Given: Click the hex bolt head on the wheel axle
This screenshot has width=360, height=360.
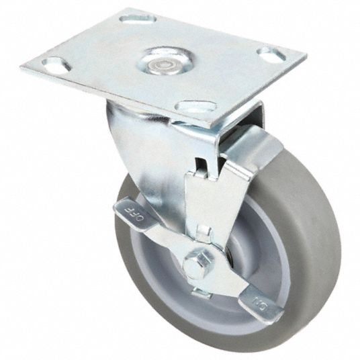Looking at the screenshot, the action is tap(197, 265).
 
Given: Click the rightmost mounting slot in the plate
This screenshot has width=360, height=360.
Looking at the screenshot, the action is tap(271, 54).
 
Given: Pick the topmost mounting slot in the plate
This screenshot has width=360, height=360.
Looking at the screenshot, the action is tap(138, 19).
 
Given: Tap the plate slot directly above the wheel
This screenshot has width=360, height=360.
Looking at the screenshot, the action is tap(196, 106).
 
